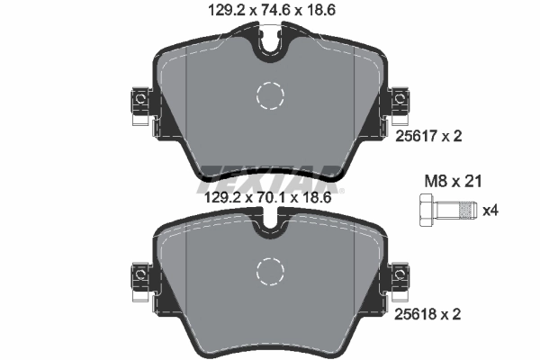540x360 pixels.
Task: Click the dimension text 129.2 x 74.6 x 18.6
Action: click(269, 11)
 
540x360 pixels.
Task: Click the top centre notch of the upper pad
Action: click(269, 43)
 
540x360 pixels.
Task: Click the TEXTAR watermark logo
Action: click(269, 175)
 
